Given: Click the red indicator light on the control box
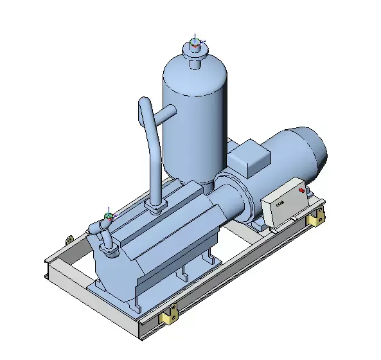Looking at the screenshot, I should (301, 190).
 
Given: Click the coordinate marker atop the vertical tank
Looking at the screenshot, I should (195, 44).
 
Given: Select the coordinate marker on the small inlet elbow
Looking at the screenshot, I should (109, 216).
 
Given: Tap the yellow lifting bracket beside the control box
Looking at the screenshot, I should (315, 219).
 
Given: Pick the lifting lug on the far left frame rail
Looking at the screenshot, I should (68, 240).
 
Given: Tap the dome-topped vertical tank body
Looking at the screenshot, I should (193, 122).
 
